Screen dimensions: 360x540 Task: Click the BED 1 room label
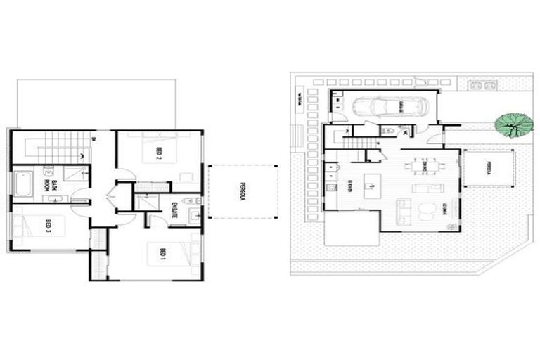pos(162,252)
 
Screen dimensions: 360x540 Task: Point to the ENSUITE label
pos(174,210)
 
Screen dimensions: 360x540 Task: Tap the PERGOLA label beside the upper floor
pos(240,191)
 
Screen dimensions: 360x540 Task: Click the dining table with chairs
pos(422,167)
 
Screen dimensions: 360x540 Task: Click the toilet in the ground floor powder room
pos(388,131)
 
